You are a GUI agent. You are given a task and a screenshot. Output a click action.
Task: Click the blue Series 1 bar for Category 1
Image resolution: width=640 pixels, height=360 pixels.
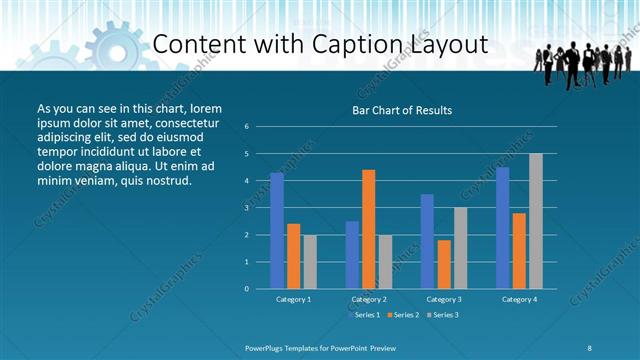click(277, 231)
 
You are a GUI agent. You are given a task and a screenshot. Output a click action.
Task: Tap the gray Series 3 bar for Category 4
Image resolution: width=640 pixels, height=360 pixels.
click(536, 221)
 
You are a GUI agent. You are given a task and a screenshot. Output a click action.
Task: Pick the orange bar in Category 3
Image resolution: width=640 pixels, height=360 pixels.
click(444, 264)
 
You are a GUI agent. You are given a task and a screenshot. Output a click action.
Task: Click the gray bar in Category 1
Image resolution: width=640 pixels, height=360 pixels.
click(310, 262)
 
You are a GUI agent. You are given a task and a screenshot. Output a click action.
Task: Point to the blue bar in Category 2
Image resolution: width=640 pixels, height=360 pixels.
click(352, 255)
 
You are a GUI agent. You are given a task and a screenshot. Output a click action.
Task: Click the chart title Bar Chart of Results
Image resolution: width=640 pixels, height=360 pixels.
click(402, 110)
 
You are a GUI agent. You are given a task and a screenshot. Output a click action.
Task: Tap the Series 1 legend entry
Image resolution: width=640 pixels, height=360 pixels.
click(364, 315)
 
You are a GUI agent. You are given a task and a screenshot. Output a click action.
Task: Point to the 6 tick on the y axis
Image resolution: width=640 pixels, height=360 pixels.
click(247, 127)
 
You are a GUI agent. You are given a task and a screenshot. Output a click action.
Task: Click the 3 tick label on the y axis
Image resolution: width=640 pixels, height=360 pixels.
click(247, 208)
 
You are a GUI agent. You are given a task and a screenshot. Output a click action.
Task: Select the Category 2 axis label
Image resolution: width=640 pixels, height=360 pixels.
click(369, 299)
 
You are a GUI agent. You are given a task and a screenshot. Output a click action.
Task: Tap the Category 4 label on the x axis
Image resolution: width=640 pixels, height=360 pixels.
click(519, 299)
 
